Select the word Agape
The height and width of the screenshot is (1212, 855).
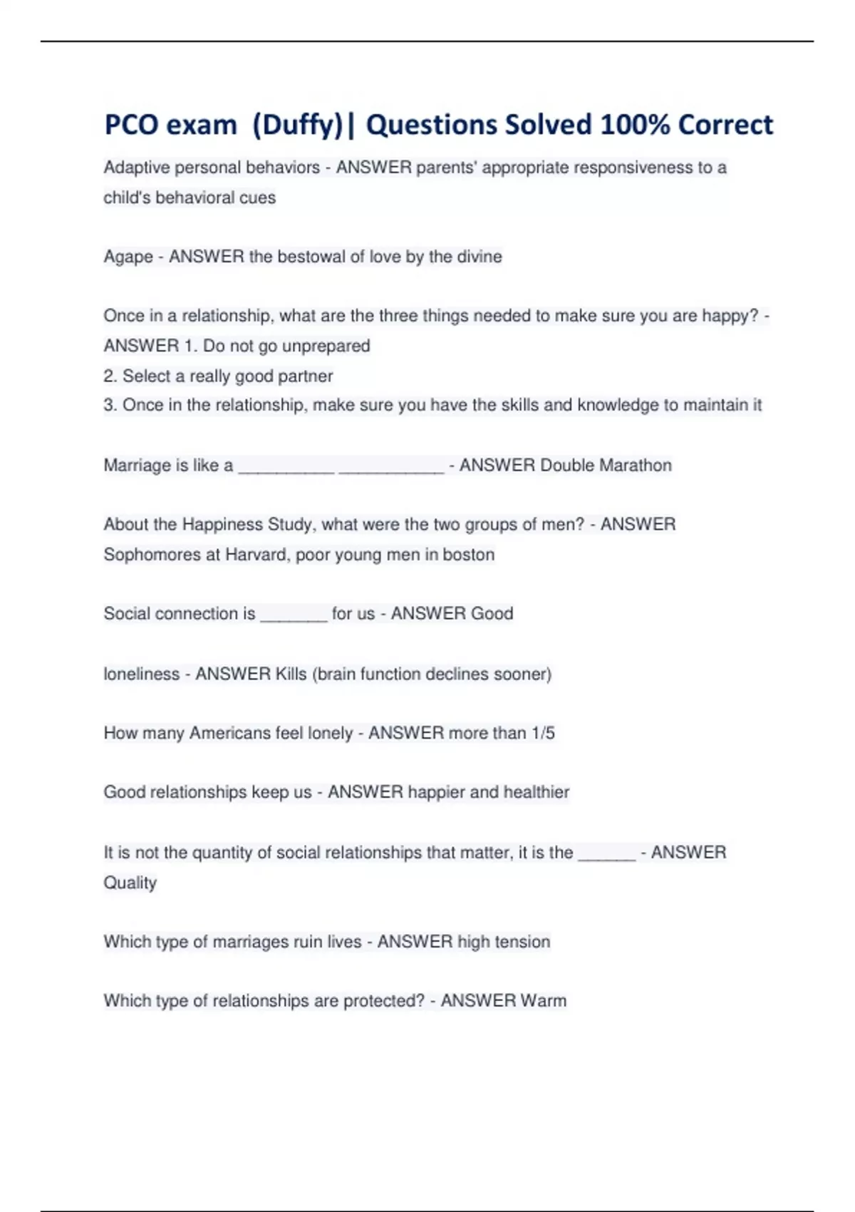tap(128, 257)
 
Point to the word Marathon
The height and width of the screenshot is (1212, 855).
tap(636, 466)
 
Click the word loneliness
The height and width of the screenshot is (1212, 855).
tap(142, 674)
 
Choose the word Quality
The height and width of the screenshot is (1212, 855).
tap(130, 883)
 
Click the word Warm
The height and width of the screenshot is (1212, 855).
tap(544, 1001)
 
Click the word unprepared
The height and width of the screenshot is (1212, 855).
tap(326, 346)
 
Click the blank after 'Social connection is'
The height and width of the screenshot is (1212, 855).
tap(294, 615)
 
